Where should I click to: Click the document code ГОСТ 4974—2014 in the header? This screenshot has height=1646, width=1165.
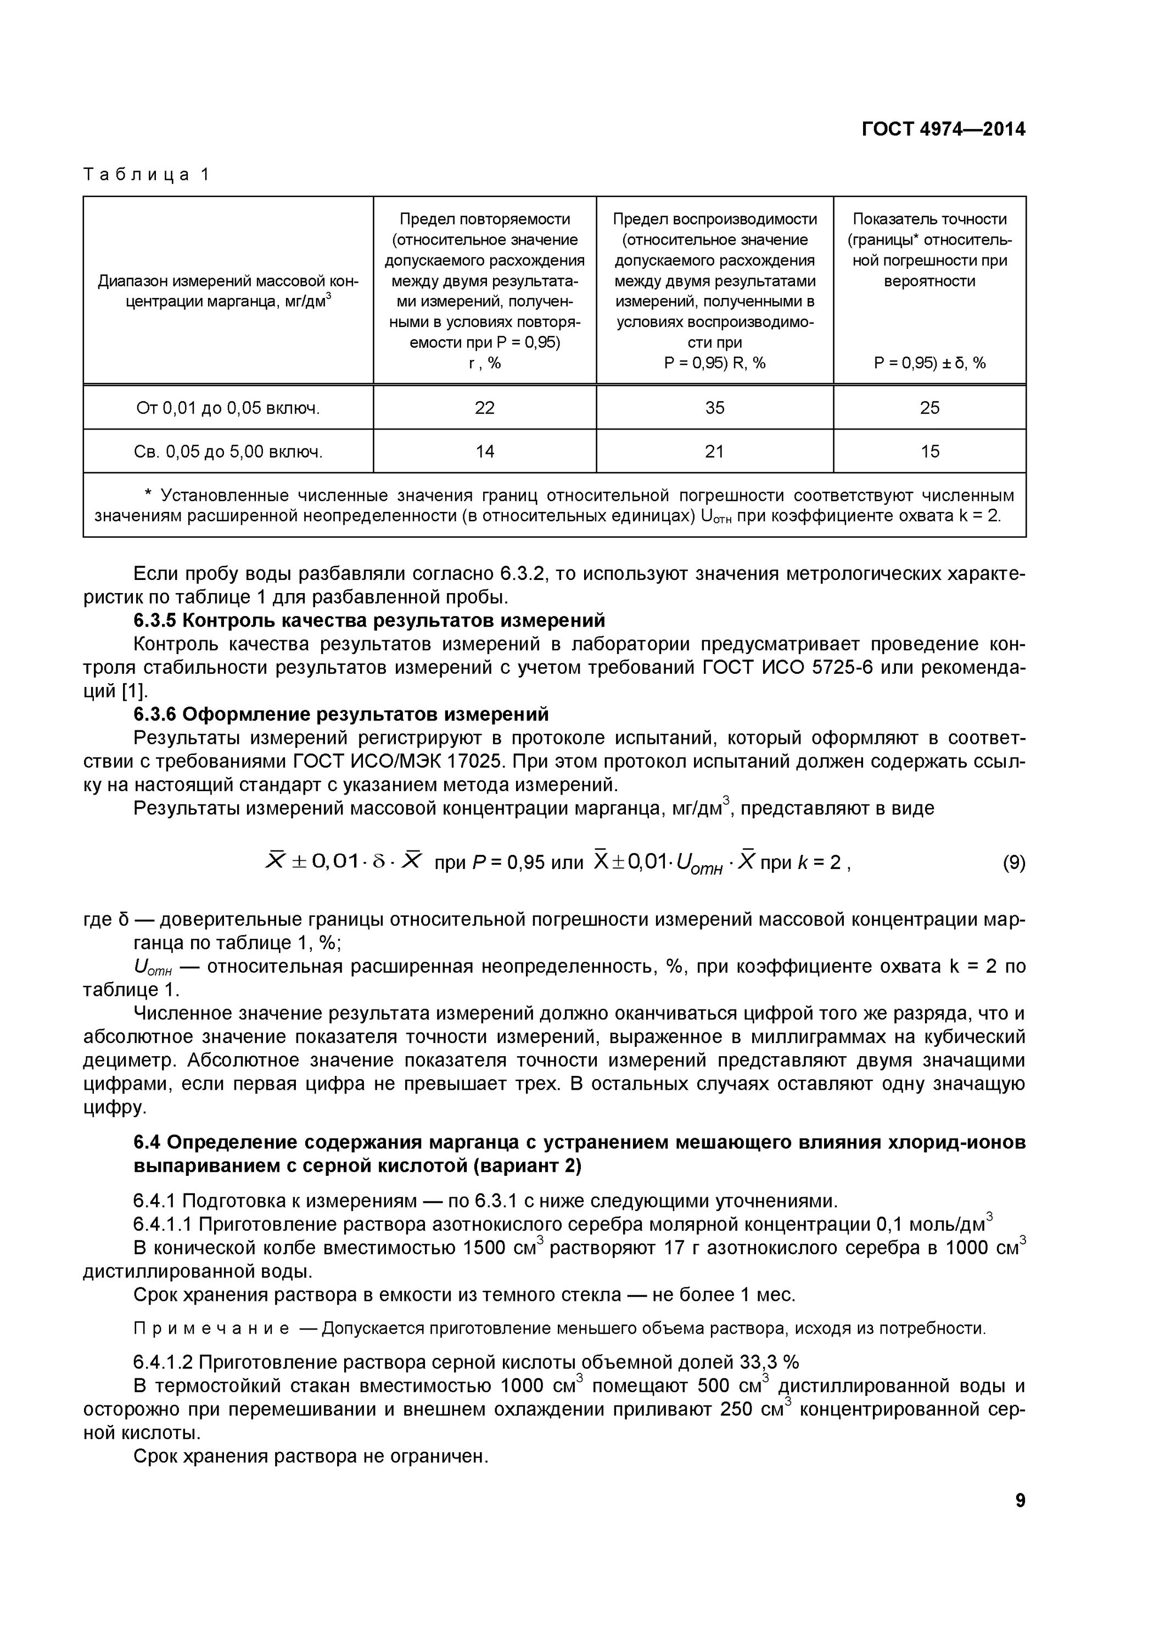point(943,129)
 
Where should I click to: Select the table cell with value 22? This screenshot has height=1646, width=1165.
point(484,408)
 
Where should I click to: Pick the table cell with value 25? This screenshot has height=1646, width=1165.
point(929,408)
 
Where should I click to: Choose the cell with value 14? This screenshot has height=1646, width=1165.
point(484,452)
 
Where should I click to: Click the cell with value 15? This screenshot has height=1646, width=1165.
point(929,452)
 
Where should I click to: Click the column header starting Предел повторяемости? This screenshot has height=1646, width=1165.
point(484,290)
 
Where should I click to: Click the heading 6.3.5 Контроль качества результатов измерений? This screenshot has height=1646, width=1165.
point(369,620)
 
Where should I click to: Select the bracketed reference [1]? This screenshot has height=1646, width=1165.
point(133,691)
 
